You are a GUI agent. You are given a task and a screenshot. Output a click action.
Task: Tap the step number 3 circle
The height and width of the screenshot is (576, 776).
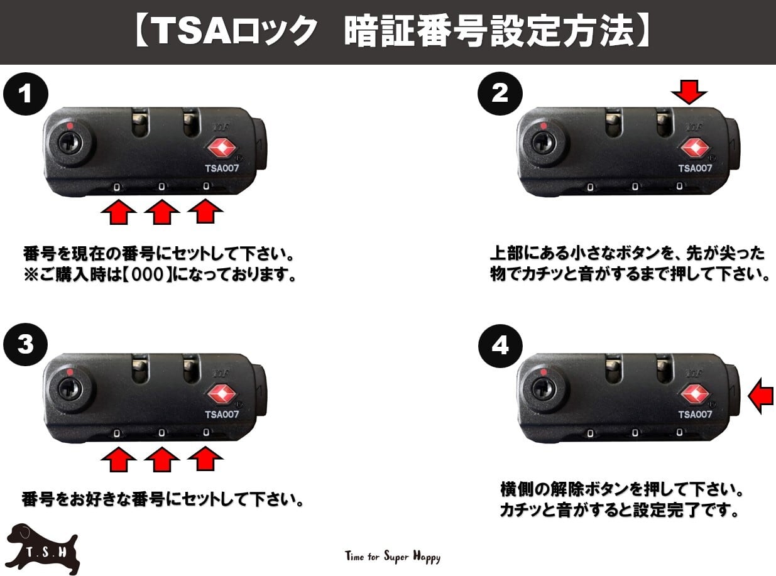pyautogui.click(x=26, y=345)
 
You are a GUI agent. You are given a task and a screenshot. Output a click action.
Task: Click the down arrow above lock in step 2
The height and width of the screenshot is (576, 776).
pyautogui.click(x=689, y=94)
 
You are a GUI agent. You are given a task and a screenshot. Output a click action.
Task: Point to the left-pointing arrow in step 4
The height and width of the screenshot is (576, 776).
pyautogui.click(x=762, y=395)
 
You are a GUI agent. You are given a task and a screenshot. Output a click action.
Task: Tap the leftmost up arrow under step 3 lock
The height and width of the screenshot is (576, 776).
pyautogui.click(x=119, y=461)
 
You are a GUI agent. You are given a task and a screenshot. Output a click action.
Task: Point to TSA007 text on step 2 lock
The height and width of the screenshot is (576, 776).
pyautogui.click(x=695, y=168)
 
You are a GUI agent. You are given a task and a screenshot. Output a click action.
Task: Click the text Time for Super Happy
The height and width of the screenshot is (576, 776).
pyautogui.click(x=393, y=557)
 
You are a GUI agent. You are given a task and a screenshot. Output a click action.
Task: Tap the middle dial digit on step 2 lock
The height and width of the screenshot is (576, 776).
pyautogui.click(x=635, y=187)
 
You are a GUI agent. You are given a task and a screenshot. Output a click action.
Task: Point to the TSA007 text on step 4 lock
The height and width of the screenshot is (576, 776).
pyautogui.click(x=695, y=415)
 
